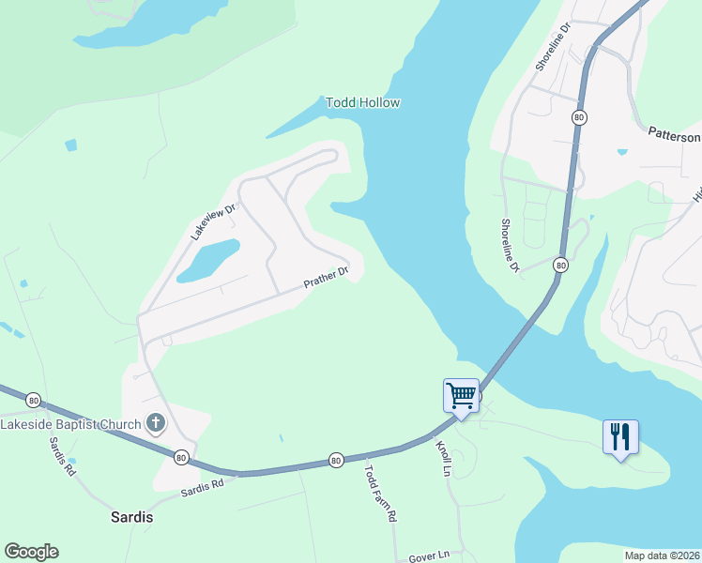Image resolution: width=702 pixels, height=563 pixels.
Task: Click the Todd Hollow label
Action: (362, 102)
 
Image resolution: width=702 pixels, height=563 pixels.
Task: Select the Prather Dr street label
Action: (325, 278)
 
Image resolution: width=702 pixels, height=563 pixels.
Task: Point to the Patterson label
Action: (674, 136)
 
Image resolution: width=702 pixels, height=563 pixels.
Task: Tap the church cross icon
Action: (156, 424)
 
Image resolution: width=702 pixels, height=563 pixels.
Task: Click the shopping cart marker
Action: (461, 396)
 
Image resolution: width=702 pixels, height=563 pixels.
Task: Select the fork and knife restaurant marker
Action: (620, 437)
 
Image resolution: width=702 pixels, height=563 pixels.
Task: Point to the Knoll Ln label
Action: (444, 459)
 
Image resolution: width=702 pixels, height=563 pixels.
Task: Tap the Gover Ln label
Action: (429, 557)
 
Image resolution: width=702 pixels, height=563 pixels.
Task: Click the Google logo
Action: (31, 552)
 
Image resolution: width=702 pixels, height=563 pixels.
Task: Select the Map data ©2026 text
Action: (662, 554)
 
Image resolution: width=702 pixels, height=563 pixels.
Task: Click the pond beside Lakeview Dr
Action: (208, 260)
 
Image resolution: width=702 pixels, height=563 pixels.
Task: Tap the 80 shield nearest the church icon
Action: (181, 457)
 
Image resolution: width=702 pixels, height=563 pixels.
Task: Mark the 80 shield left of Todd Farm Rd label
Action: (335, 460)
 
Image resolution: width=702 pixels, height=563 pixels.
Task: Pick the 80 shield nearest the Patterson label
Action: (579, 117)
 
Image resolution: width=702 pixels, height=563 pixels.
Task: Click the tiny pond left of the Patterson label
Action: (620, 151)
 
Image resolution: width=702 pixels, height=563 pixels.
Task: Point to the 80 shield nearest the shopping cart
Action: (559, 265)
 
